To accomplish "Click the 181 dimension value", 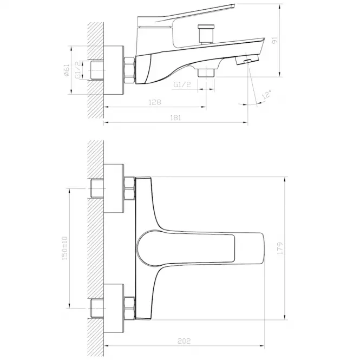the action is point(175,118).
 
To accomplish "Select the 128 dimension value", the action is point(155,102).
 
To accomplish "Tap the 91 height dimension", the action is point(275,40).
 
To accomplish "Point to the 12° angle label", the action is point(266,94).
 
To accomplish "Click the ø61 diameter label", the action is point(66,70).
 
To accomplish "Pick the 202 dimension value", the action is point(184,341).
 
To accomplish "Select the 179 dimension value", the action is point(280,248).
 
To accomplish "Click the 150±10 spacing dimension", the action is point(65,248).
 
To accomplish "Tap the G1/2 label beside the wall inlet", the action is point(78,70).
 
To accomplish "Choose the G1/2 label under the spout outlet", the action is point(182,84).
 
